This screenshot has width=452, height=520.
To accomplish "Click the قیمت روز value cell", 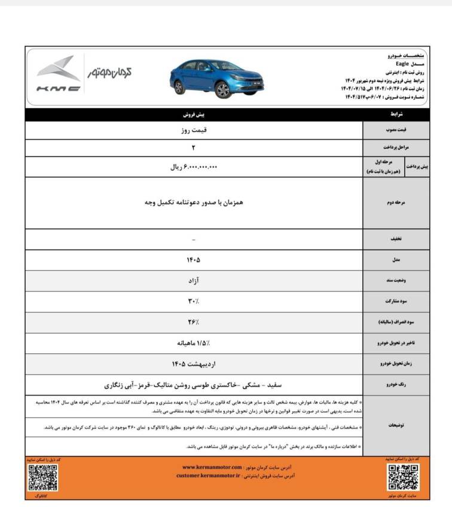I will pos(194,129).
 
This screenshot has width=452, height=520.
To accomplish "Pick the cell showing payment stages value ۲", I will pos(194,147).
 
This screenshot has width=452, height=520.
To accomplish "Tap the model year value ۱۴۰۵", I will pos(194,260).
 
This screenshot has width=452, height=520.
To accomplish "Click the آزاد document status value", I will pos(194,280).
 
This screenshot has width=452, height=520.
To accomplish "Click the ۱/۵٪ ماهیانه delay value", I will pos(194,343).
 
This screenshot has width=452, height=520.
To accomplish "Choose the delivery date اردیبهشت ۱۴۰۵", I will pos(194,363).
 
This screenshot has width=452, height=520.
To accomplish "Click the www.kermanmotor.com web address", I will pos(212,467).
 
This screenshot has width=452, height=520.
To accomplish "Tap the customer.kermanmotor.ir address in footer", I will pos(208,476).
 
